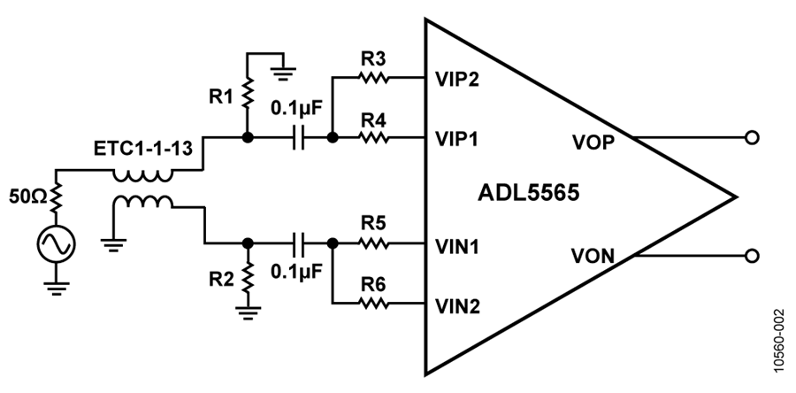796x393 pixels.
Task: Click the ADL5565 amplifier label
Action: pos(529,194)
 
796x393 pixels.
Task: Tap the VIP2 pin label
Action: pos(457,80)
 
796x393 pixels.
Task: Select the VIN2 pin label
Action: pos(457,307)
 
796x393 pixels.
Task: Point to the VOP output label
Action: pos(593,143)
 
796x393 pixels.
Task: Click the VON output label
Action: pos(593,257)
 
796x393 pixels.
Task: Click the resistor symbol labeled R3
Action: pos(373,78)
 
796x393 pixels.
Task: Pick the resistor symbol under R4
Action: pos(373,137)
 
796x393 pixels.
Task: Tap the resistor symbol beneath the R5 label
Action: pos(373,243)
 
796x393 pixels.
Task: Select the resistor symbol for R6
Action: pos(373,304)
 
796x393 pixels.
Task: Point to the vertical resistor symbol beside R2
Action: pos(248,278)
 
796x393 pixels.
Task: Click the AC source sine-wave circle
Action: pos(56,244)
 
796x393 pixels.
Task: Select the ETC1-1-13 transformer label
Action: pos(143,149)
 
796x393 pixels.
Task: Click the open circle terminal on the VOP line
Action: pos(752,137)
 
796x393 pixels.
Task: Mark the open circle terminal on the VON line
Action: pos(752,256)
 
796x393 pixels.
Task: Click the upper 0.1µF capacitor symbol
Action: pos(299,137)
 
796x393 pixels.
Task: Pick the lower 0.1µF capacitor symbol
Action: pos(299,243)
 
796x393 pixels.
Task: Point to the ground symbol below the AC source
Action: pos(56,288)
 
